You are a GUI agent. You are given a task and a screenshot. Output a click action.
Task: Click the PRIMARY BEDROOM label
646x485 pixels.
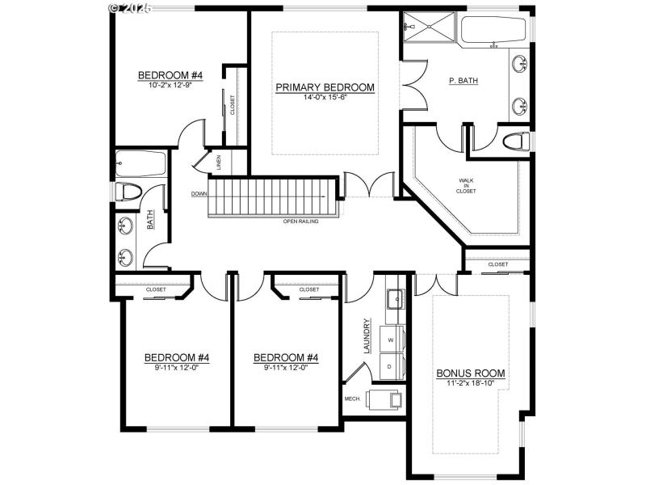tap(325, 87)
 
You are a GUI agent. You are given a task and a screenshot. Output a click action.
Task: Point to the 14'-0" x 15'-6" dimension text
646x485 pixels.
tap(325, 97)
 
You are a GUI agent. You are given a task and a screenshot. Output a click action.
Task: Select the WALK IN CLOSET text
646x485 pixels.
tap(467, 186)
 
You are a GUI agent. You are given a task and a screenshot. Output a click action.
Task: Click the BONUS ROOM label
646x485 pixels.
tap(470, 373)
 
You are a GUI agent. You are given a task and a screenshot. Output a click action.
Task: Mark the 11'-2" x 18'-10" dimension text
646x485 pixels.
tap(470, 383)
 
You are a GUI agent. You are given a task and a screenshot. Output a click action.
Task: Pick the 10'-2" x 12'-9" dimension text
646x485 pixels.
tap(169, 85)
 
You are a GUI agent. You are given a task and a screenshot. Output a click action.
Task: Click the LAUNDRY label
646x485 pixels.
tap(367, 335)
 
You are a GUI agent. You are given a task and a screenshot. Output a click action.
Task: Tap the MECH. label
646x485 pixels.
tap(352, 399)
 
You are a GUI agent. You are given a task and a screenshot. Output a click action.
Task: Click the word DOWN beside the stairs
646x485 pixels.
tap(199, 194)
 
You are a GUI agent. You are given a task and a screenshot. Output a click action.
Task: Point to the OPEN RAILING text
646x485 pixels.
tap(300, 221)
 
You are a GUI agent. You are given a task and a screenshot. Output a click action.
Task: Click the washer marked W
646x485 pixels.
tap(392, 340)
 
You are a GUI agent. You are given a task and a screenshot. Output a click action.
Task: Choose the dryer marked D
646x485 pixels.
tap(392, 366)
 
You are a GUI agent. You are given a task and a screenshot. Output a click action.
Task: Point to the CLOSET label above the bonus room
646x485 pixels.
tap(498, 264)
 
